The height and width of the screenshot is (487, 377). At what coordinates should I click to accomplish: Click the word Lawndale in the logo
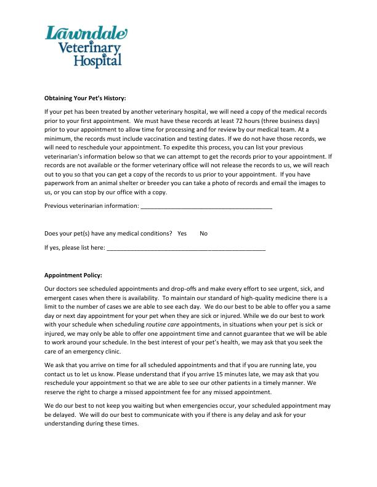tap(86, 34)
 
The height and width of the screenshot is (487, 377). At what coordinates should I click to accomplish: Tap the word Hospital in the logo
tap(98, 60)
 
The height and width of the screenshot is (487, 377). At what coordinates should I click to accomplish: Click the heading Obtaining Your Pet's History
tap(85, 98)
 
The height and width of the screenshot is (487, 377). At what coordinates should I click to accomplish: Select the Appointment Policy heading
tap(73, 275)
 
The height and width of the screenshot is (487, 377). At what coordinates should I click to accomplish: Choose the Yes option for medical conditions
tap(182, 234)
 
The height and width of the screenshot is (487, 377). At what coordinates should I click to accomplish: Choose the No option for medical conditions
tap(204, 234)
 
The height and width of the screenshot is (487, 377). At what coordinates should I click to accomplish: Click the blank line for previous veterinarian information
tap(206, 207)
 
